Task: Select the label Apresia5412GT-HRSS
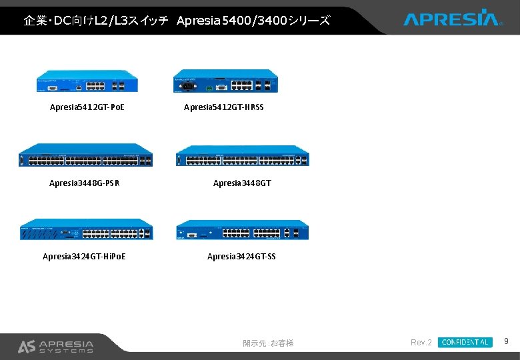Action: pyautogui.click(x=224, y=107)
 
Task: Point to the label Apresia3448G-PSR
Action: pyautogui.click(x=85, y=183)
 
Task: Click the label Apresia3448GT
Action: pyautogui.click(x=242, y=183)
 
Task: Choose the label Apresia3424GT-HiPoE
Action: pyautogui.click(x=85, y=257)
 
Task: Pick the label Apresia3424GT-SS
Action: pyautogui.click(x=241, y=257)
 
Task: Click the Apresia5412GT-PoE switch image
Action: pyautogui.click(x=87, y=81)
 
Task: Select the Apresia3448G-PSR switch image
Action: pyautogui.click(x=86, y=155)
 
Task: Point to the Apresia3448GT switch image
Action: pyautogui.click(x=243, y=156)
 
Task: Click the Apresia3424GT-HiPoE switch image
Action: pyautogui.click(x=86, y=229)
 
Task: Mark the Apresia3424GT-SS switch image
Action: pyautogui.click(x=242, y=230)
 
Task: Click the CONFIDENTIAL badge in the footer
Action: pyautogui.click(x=465, y=343)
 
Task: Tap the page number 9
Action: pyautogui.click(x=506, y=342)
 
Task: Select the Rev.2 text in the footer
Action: pyautogui.click(x=421, y=343)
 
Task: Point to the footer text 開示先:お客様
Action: pyautogui.click(x=268, y=343)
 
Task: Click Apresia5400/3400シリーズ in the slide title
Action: pyautogui.click(x=253, y=21)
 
